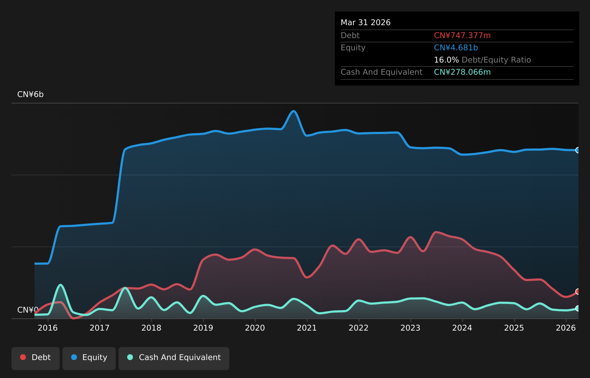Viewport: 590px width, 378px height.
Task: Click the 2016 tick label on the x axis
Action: (48, 328)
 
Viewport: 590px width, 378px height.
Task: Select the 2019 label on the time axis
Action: (203, 328)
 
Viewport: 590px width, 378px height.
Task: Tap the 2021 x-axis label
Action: (307, 328)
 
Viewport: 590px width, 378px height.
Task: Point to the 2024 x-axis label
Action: (462, 328)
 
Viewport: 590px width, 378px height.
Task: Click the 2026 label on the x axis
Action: (566, 328)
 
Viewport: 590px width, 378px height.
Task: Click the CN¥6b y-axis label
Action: (30, 94)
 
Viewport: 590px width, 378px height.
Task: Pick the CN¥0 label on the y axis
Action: (28, 310)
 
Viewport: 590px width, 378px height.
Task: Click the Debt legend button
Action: (36, 358)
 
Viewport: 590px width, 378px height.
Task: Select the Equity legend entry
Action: (89, 358)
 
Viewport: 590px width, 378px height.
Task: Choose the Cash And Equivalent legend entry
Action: (174, 358)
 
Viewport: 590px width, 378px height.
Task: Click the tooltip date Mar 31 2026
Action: (365, 23)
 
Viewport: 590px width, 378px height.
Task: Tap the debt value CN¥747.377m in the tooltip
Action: (462, 36)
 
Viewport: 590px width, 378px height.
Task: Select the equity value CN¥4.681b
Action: (456, 48)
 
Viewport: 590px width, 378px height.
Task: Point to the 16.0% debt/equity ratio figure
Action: (446, 60)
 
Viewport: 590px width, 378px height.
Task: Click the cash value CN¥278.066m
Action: (462, 72)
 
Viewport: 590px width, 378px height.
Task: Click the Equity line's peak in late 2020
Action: (294, 111)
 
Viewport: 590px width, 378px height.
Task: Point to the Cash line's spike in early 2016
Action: (61, 285)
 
